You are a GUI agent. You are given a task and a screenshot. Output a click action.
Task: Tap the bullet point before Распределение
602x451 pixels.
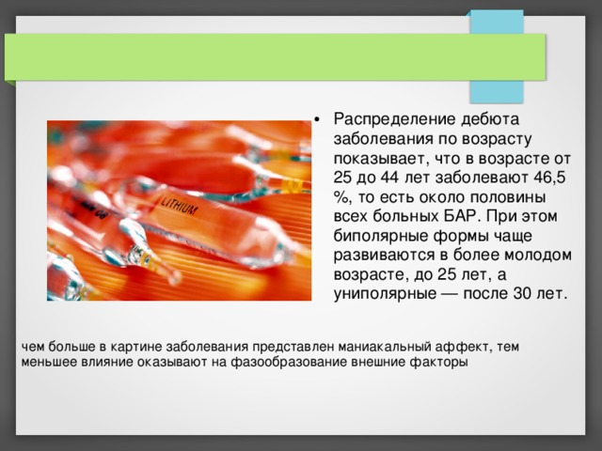click(x=320, y=119)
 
